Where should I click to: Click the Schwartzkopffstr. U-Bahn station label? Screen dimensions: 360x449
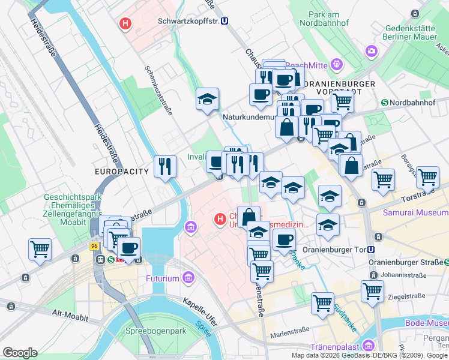coord(187,20)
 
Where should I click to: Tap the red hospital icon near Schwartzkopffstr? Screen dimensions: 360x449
coord(125,24)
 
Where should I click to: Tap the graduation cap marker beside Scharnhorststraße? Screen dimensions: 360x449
coord(207,100)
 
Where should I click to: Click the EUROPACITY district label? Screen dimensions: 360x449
coord(121,172)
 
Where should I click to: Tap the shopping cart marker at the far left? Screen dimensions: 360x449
coord(40,248)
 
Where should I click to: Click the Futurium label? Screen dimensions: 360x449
coord(163,278)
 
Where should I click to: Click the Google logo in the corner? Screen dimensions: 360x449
coord(20,353)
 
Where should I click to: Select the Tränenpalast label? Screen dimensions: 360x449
coord(334,347)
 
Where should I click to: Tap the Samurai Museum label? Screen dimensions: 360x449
coord(416,213)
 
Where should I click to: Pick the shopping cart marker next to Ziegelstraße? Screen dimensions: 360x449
coord(372,292)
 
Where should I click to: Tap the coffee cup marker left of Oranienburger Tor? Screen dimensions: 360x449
coord(284,239)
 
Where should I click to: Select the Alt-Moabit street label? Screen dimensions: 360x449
coord(70,313)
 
